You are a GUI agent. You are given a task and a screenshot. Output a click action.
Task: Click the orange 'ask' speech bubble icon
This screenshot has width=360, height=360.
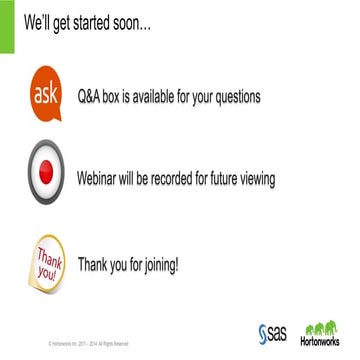(x=47, y=96)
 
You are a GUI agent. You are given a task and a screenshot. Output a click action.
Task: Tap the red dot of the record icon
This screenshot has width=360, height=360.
(x=47, y=176)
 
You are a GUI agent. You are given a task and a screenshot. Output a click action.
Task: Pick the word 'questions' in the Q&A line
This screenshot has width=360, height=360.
(x=232, y=97)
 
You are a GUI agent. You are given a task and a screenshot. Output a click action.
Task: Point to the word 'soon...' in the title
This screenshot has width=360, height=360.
(x=129, y=20)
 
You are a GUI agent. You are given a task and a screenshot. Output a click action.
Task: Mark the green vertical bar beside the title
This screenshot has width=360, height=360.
(x=4, y=22)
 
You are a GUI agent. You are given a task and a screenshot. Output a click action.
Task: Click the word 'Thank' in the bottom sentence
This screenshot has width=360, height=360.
(x=96, y=265)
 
